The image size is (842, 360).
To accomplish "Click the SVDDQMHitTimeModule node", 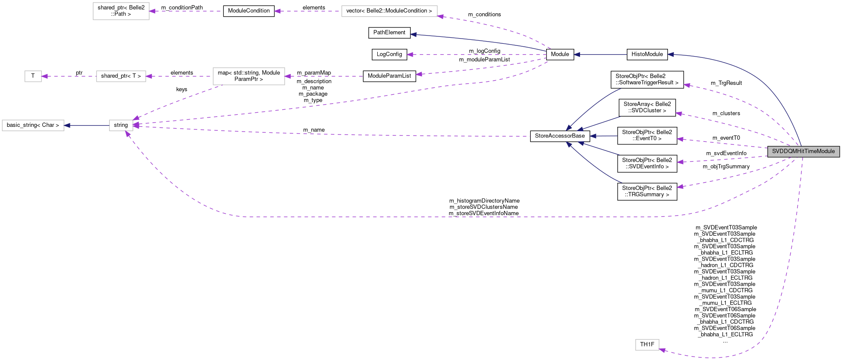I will pos(803,151).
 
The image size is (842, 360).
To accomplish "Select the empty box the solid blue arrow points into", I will pos(33,125).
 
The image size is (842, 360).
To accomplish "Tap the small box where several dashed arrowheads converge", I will pos(121,125).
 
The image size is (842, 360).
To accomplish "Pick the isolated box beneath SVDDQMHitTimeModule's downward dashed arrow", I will pos(647,345).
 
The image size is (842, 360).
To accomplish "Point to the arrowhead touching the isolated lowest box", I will pos(662,351).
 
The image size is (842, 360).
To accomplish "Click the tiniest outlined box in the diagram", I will pos(33,76).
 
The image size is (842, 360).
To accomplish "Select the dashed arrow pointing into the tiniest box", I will pos(69,76).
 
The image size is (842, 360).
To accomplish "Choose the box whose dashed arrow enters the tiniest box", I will pos(121,76).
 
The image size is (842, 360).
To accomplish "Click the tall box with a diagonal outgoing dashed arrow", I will pos(249,76).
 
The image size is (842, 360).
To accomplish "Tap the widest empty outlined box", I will pos(389,11).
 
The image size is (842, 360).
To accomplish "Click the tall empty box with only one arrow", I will pos(121,11).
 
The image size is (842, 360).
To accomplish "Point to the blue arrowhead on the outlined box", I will pos(67,126).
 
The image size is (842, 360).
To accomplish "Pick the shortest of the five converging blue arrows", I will pos(604,136).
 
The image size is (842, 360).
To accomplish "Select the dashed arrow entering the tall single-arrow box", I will pos(184,11).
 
